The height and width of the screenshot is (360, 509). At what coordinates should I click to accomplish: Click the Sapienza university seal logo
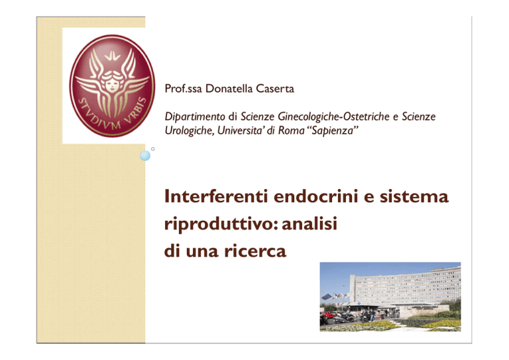[x=112, y=86]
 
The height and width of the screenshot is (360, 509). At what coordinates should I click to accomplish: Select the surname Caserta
[x=275, y=89]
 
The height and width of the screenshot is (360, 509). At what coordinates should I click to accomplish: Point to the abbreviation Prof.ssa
[x=184, y=89]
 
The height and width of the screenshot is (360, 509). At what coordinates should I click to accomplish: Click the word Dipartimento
[x=195, y=117]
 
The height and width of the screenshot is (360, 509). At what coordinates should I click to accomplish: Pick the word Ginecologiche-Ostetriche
[x=334, y=117]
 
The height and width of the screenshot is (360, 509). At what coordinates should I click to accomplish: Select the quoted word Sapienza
[x=333, y=131]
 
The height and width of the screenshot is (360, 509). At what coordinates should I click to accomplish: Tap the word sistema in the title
[x=414, y=196]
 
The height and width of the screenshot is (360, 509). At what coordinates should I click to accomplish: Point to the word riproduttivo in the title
[x=219, y=224]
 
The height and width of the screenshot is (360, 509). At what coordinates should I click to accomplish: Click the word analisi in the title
[x=310, y=223]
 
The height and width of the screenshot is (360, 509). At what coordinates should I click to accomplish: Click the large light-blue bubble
[x=145, y=156]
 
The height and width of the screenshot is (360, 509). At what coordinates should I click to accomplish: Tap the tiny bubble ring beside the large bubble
[x=153, y=149]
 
